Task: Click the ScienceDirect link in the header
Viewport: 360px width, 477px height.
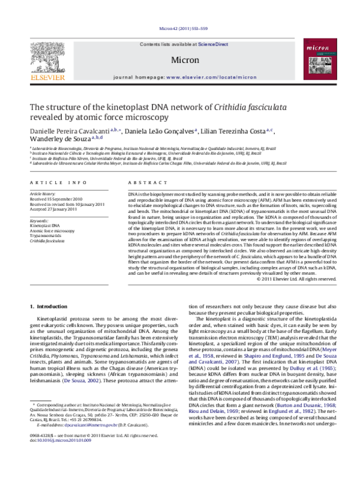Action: tap(209, 44)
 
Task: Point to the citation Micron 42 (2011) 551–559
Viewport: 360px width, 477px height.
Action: tap(179, 28)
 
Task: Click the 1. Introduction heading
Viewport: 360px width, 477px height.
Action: tap(49, 307)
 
